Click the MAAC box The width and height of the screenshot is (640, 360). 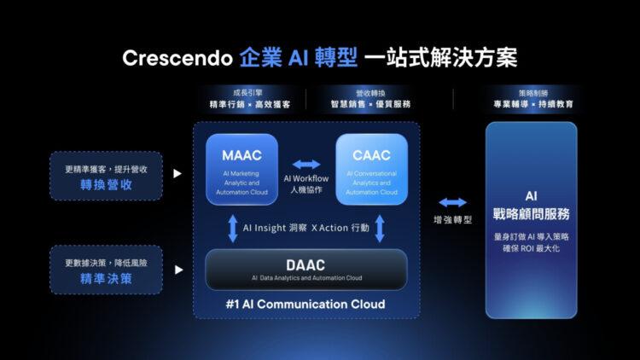click(x=241, y=169)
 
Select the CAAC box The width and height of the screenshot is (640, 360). click(x=371, y=169)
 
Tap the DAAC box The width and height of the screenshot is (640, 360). click(x=306, y=269)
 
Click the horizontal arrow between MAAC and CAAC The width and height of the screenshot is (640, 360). click(x=306, y=164)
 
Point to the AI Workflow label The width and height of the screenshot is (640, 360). click(x=306, y=178)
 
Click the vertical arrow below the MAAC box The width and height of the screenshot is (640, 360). click(x=232, y=228)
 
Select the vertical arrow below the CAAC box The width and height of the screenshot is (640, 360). click(x=381, y=228)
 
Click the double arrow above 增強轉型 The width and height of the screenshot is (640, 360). click(x=452, y=202)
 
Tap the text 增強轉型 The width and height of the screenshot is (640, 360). click(x=452, y=219)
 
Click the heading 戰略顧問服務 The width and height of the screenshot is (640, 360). click(x=531, y=213)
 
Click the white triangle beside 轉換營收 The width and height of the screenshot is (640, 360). click(x=177, y=173)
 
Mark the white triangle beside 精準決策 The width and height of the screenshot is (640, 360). click(x=177, y=269)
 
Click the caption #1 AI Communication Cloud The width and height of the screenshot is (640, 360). click(x=306, y=305)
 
